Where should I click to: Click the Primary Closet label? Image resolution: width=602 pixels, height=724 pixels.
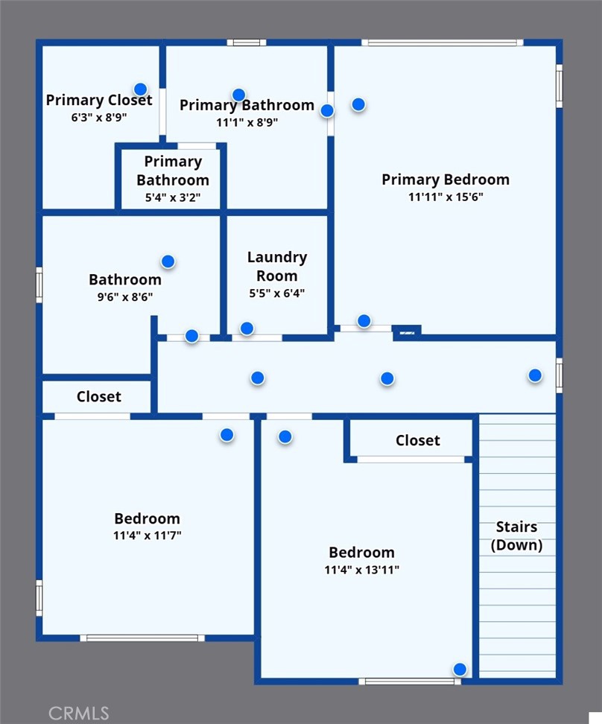pos(99,101)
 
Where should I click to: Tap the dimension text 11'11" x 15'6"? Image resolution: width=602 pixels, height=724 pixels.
pos(446,197)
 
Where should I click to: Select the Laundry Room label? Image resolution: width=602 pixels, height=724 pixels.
pos(276,267)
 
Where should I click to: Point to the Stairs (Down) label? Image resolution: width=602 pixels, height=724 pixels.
pos(516,536)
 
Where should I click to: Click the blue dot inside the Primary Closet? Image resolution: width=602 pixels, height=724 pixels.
pos(141,89)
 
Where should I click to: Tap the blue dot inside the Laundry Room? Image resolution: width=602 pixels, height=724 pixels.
pos(247,328)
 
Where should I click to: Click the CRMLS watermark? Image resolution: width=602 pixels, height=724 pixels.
pos(78,714)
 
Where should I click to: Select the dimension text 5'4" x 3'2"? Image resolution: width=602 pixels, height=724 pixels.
pos(173,197)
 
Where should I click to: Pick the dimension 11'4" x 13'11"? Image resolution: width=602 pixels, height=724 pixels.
pos(362,570)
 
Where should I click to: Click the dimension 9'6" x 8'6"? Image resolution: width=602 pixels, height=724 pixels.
pos(124,297)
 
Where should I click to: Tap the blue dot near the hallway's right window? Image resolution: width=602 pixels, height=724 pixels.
pos(535,375)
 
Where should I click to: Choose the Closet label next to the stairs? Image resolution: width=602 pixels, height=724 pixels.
pos(418,440)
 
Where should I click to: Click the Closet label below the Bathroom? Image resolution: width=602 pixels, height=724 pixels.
pos(99,396)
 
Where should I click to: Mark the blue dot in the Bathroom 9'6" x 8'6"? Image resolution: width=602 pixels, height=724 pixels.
pos(168,261)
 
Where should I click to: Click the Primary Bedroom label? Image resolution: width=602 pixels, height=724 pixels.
pos(446,180)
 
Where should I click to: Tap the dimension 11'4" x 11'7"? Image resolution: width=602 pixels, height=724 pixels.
pos(148,536)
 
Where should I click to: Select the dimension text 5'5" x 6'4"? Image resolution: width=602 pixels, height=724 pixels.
pos(276,293)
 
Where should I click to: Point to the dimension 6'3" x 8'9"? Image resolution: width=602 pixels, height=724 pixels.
pos(99,117)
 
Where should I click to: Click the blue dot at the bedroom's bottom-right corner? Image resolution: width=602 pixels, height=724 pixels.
pos(460,669)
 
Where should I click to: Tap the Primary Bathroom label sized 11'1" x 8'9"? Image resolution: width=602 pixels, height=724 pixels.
pos(247,105)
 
